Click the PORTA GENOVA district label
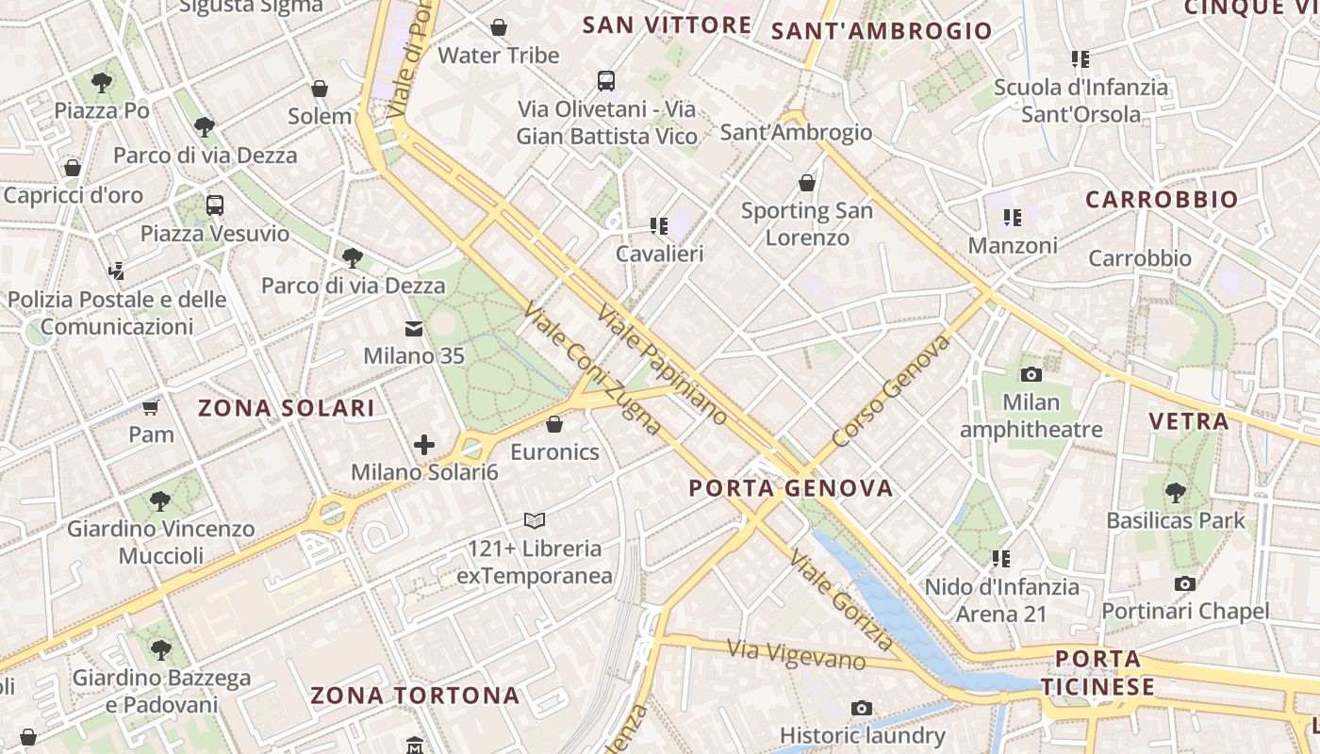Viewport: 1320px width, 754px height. point(790,487)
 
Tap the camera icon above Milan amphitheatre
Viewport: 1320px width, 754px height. point(1031,374)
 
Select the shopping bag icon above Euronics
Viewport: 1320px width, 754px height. point(554,424)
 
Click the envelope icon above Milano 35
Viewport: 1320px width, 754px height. point(414,328)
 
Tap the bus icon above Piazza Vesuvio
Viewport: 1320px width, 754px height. point(215,205)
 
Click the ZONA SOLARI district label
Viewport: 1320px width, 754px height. point(286,408)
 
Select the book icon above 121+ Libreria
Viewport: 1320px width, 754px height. point(535,520)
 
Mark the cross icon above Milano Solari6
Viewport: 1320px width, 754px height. point(424,444)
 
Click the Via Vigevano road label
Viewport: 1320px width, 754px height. point(796,654)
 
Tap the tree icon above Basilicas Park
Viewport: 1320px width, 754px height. point(1175,491)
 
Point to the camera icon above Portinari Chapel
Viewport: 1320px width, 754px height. point(1185,583)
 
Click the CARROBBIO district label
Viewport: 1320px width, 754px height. point(1161,200)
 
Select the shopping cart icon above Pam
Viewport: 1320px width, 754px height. point(150,407)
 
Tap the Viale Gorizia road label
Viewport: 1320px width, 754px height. point(841,600)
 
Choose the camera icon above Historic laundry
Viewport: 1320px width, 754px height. point(861,708)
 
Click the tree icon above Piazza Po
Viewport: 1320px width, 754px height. point(102,83)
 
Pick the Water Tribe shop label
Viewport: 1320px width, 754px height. point(499,55)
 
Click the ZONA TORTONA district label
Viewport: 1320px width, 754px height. point(415,696)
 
